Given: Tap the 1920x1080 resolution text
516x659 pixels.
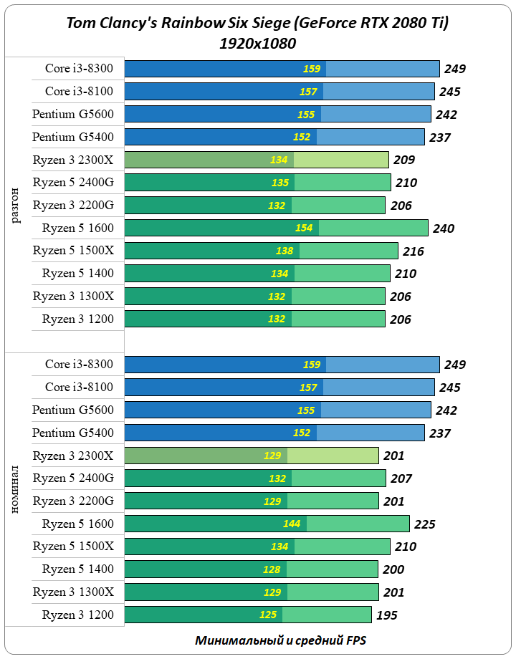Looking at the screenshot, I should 259,43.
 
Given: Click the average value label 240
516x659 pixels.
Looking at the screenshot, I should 444,229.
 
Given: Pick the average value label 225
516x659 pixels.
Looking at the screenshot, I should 425,524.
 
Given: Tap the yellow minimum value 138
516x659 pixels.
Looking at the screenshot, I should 285,251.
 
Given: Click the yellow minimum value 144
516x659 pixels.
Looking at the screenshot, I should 292,524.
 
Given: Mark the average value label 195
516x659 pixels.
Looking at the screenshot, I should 386,615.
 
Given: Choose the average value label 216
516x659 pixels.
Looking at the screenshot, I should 414,251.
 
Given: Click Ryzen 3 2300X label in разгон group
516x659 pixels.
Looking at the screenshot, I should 73,159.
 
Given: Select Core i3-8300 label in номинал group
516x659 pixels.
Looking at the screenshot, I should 79,364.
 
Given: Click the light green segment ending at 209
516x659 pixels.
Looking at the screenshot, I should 341,160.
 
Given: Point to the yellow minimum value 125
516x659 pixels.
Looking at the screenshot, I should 268,615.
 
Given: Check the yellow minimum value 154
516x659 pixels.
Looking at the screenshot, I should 305,228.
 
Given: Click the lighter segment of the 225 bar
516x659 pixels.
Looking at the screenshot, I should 358,524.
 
